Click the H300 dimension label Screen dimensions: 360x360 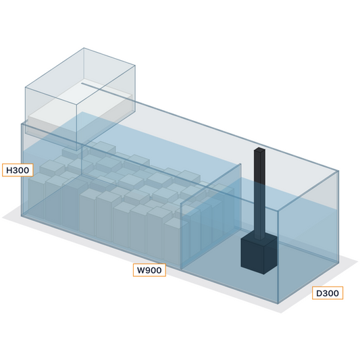[18, 170]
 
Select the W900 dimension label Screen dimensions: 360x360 [149, 270]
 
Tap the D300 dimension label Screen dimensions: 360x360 [328, 293]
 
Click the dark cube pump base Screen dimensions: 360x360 [259, 255]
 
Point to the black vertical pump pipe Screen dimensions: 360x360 [259, 193]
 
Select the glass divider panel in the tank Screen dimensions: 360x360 [211, 216]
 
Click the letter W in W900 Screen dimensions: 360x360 [141, 270]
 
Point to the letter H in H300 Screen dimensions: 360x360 [9, 170]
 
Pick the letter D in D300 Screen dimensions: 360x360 [319, 293]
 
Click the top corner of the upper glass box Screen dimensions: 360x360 [84, 48]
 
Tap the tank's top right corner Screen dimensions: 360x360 [338, 171]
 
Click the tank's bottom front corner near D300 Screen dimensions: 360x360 [278, 303]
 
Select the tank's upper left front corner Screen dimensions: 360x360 [22, 124]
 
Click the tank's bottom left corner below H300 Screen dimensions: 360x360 [22, 216]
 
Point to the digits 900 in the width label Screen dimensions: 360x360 [154, 270]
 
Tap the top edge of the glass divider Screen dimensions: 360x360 [211, 184]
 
